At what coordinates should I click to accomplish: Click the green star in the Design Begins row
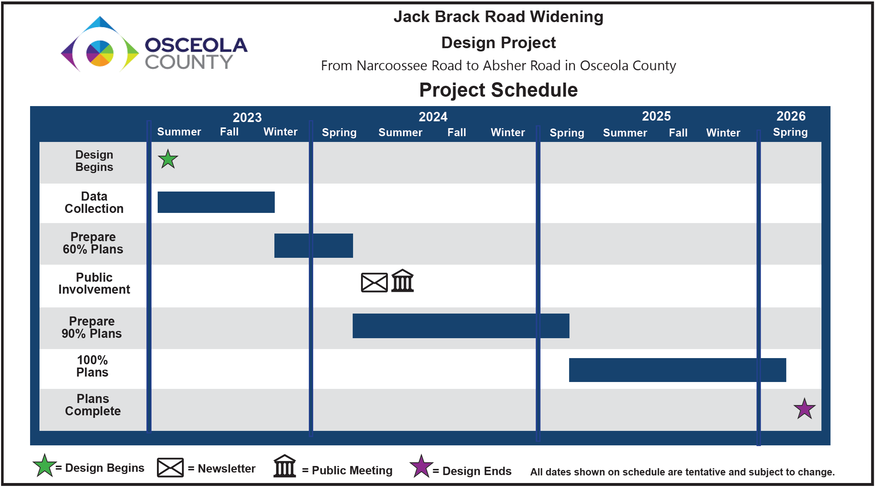(x=168, y=159)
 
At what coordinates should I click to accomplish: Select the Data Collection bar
(x=216, y=202)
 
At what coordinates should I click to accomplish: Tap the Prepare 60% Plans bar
(x=314, y=245)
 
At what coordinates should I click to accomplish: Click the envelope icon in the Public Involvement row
(x=374, y=282)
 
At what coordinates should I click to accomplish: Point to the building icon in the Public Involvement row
(x=403, y=281)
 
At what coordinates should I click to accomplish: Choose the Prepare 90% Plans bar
(x=461, y=326)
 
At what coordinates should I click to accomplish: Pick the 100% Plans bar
(x=677, y=370)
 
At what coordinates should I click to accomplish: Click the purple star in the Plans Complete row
(x=804, y=409)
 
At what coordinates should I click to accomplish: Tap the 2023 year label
(x=247, y=117)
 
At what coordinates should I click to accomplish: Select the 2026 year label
(x=791, y=116)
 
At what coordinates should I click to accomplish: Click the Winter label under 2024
(x=508, y=133)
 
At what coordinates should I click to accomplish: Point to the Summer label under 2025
(x=625, y=133)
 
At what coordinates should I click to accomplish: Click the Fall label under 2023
(x=229, y=132)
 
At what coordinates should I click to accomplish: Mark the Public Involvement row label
(x=94, y=284)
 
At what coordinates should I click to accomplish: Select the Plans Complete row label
(x=93, y=405)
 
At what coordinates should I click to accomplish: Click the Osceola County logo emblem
(x=100, y=44)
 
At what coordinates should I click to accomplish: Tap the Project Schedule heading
(x=498, y=90)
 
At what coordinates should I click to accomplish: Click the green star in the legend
(x=44, y=466)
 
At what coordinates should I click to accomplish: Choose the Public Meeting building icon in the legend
(x=285, y=466)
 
